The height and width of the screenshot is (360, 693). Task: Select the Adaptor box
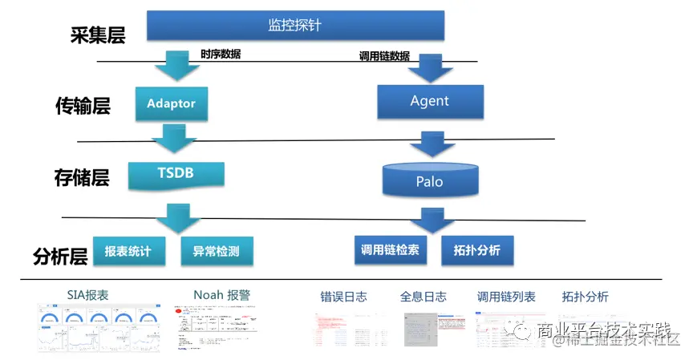tap(172, 103)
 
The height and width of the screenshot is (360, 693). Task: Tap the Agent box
tap(430, 101)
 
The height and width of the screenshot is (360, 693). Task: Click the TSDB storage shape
tap(176, 174)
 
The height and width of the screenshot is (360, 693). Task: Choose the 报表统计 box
tap(128, 251)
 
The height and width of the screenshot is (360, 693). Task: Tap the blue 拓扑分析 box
tap(476, 250)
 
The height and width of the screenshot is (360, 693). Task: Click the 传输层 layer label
tap(83, 106)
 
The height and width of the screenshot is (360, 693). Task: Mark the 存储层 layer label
tap(82, 177)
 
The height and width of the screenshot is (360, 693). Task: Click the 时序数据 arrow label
tap(221, 55)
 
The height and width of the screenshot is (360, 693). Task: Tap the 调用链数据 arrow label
tap(383, 56)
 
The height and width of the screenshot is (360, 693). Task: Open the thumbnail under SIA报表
tap(98, 327)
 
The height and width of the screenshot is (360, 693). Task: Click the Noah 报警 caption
tap(221, 295)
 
